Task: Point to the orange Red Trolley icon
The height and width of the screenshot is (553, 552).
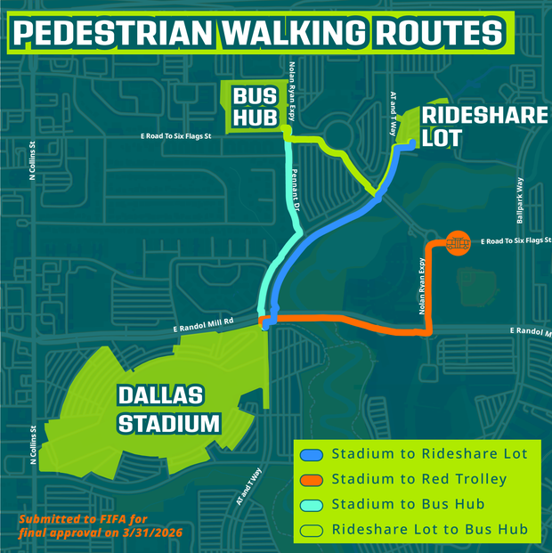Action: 457,241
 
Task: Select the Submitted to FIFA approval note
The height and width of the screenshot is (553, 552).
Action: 85,526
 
